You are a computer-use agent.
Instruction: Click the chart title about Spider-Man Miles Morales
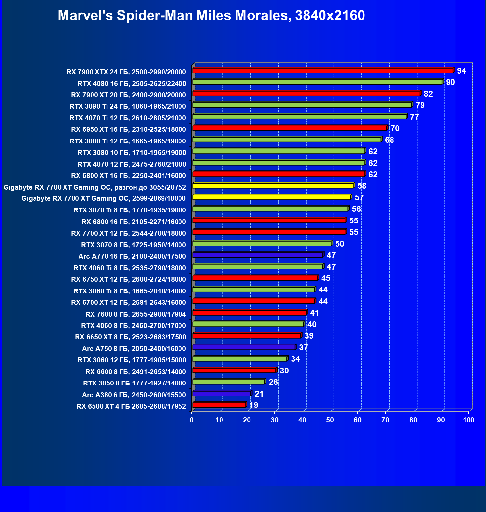[x=211, y=15]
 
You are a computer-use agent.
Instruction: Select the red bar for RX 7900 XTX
[x=322, y=71]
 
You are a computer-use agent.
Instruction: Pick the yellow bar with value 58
[x=273, y=186]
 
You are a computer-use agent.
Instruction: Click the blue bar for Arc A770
[x=257, y=255]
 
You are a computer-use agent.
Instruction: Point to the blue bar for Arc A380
[x=222, y=394]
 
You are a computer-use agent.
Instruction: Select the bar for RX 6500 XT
[x=219, y=405]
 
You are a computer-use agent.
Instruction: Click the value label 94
[x=461, y=71]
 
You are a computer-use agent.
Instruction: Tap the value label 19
[x=254, y=405]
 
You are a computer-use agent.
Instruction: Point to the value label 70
[x=395, y=128]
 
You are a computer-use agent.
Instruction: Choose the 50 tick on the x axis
[x=330, y=420]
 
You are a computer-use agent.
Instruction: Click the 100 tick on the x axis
[x=468, y=420]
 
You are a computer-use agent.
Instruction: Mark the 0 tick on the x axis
[x=192, y=420]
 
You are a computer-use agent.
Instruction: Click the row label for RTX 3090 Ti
[x=128, y=106]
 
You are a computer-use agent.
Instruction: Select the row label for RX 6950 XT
[x=128, y=129]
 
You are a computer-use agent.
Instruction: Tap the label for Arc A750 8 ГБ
[x=134, y=349]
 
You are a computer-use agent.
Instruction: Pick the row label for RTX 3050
[x=134, y=383]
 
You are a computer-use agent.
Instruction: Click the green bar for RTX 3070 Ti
[x=270, y=209]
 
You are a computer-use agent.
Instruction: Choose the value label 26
[x=273, y=382]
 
